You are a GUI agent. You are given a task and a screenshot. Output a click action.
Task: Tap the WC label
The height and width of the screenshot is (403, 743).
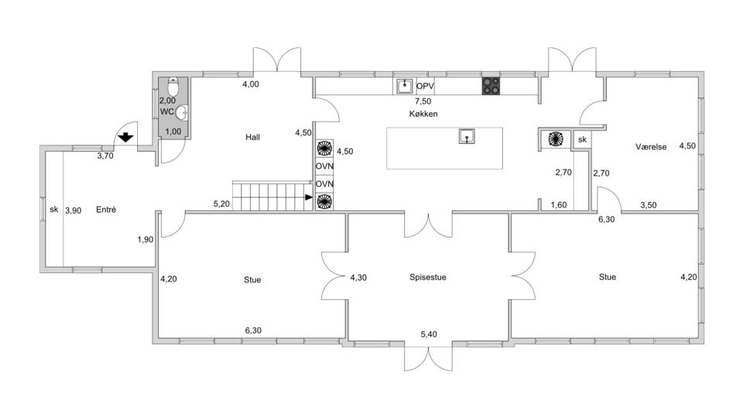(x=167, y=111)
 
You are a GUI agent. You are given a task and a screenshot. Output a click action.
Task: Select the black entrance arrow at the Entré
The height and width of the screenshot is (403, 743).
(x=125, y=138)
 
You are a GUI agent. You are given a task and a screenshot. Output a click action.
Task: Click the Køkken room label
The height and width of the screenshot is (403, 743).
(x=424, y=114)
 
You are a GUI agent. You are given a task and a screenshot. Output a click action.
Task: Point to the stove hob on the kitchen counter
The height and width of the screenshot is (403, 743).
(x=491, y=86)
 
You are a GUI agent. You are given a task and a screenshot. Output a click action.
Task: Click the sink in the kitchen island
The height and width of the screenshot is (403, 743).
(x=467, y=136)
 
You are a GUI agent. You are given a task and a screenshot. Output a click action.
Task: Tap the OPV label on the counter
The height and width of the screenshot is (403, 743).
(x=426, y=86)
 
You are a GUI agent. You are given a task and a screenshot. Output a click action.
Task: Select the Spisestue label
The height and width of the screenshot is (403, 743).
(x=429, y=276)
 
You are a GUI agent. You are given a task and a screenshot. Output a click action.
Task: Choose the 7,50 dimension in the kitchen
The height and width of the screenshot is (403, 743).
(x=423, y=101)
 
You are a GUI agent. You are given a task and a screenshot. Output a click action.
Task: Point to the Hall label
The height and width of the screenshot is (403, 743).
(x=252, y=137)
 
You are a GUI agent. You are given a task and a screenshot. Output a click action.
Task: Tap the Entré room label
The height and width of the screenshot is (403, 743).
(x=106, y=210)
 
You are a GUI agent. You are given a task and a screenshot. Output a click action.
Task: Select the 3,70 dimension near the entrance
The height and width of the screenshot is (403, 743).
(x=105, y=155)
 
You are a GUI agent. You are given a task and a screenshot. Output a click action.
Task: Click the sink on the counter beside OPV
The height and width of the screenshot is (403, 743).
(x=404, y=86)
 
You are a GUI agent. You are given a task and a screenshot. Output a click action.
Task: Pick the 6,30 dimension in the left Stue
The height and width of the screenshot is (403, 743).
(x=253, y=330)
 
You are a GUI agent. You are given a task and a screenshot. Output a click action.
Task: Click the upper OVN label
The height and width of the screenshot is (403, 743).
(x=324, y=166)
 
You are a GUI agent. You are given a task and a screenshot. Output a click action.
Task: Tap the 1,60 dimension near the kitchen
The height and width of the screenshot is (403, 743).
(x=559, y=205)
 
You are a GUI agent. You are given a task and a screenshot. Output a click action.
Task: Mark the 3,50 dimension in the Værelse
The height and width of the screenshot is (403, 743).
(x=649, y=205)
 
